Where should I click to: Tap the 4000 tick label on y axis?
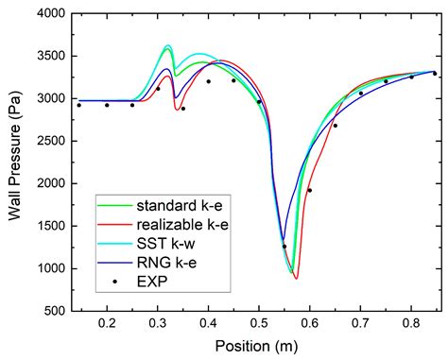(x=48, y=14)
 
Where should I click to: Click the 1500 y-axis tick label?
(x=48, y=226)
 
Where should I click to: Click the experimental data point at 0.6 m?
(x=309, y=190)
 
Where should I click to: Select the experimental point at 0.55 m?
(x=284, y=247)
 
